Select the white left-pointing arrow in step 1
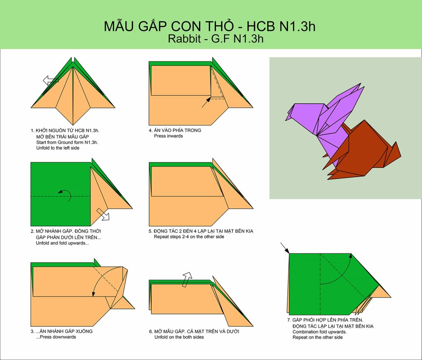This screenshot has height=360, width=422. coord(51,80)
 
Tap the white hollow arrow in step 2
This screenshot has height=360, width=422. coord(103,214)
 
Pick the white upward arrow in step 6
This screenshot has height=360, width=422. coord(187,279)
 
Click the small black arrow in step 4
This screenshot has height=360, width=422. coord(206,102)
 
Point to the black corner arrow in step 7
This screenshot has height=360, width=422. coord(285,248)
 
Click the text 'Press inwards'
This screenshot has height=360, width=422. coord(168,136)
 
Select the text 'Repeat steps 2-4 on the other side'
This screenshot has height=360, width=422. coord(189,237)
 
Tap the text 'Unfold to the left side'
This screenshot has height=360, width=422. coord(58,148)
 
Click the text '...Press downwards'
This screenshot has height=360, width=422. coord(56,337)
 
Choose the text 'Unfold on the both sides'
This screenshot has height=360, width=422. coord(179,337)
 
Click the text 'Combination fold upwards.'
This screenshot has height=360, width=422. coord(320,332)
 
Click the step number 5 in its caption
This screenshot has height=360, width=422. coord(150,231)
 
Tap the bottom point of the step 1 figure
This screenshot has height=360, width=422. coord(73,125)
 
